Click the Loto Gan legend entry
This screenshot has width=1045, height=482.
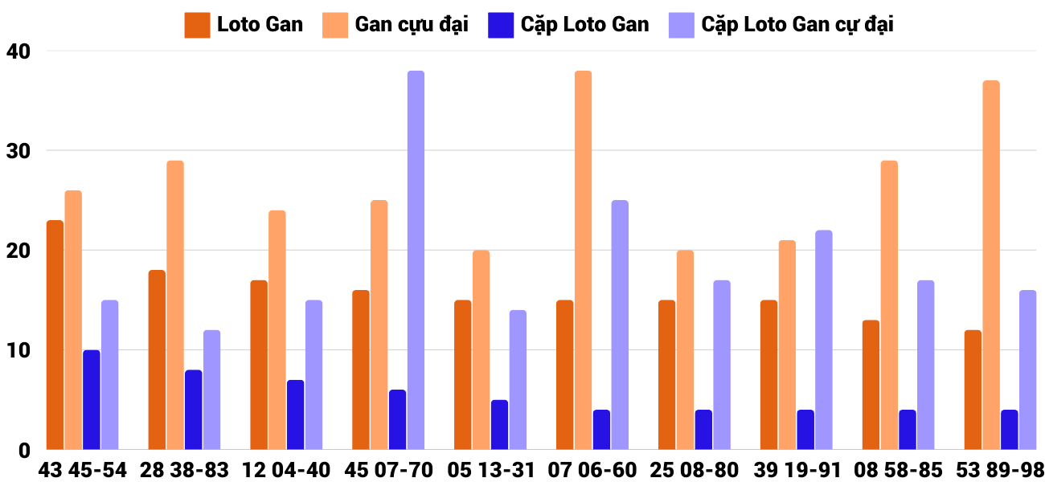(x=244, y=25)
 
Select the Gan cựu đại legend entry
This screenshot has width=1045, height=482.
(x=395, y=25)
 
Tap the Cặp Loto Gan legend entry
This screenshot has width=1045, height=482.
(x=568, y=25)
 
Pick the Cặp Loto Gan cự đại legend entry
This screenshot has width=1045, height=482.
(x=781, y=25)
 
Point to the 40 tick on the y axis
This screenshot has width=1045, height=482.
(x=17, y=51)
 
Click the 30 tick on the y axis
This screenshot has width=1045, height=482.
(x=17, y=151)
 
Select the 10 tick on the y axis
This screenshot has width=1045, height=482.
(x=17, y=350)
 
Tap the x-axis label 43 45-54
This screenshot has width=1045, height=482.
(x=83, y=470)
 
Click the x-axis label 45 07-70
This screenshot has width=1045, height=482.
(x=389, y=470)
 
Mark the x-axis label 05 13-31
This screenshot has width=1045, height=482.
(x=490, y=470)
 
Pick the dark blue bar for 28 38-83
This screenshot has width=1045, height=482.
(x=194, y=410)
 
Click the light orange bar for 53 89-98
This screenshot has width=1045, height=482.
(x=991, y=265)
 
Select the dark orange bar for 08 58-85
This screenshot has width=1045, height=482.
(x=871, y=385)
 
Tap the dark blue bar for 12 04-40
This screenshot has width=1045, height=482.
(x=296, y=415)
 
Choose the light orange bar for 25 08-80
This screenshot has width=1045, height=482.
(x=685, y=350)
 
